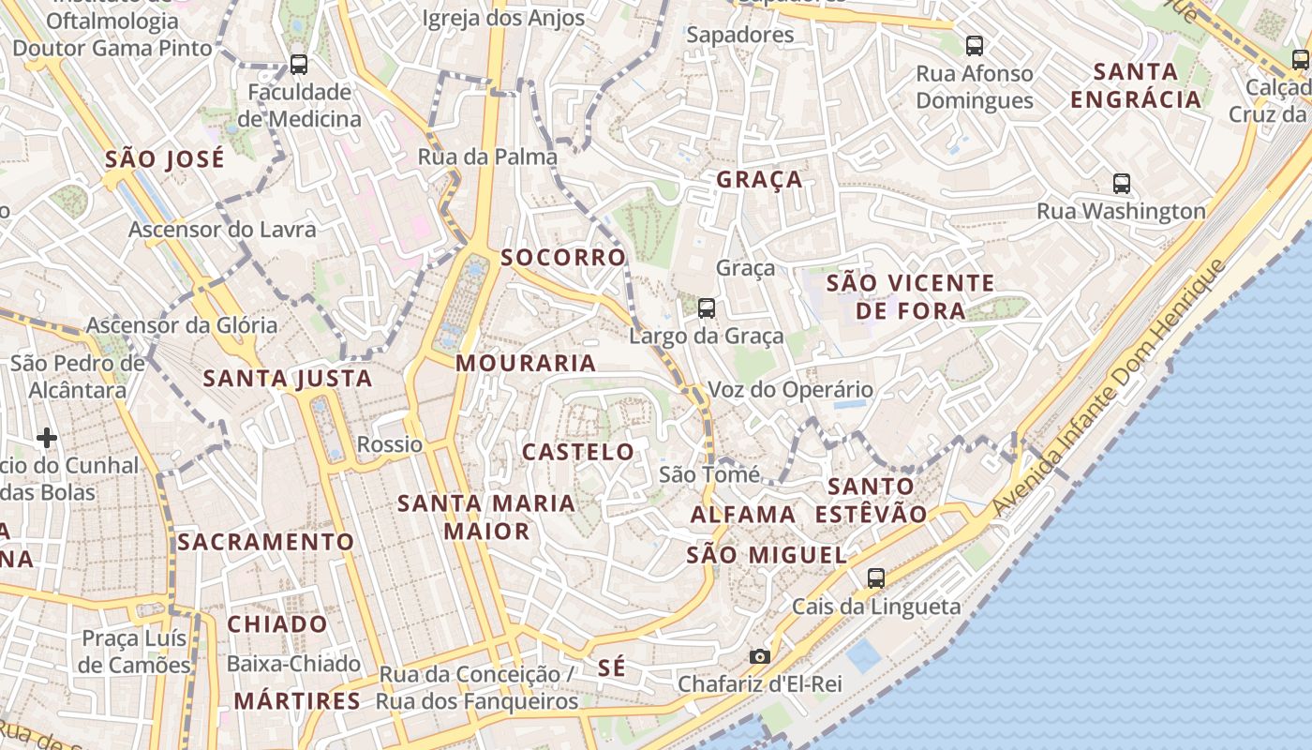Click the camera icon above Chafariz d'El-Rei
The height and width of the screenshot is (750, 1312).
coord(759,656)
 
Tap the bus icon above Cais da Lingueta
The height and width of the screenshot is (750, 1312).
coord(876,577)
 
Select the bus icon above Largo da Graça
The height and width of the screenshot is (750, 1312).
coord(707,307)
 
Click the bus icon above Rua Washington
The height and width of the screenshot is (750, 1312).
coord(1121,183)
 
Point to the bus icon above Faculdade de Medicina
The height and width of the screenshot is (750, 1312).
coord(299,65)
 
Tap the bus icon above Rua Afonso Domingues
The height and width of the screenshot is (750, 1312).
coord(975,45)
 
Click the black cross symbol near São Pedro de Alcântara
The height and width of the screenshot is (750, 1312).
coord(47,437)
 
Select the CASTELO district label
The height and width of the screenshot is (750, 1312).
coord(578,452)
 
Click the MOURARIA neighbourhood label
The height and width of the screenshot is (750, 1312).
coord(526,363)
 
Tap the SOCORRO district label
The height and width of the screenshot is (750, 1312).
coord(563,257)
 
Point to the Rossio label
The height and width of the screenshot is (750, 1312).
coord(390,444)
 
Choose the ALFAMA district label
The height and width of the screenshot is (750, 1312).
coord(743,514)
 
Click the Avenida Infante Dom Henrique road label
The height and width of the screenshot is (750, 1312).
coord(1109,386)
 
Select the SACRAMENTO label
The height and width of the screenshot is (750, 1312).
coord(266,542)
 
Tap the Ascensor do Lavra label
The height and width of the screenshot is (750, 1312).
coord(222,230)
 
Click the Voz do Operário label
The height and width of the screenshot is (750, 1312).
coord(790,389)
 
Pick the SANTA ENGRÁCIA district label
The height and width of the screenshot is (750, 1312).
coord(1136,85)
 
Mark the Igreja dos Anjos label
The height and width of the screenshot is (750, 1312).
coord(503,18)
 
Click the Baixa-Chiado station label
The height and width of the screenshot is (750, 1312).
coord(293,664)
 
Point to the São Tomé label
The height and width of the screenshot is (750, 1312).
coord(709,474)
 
